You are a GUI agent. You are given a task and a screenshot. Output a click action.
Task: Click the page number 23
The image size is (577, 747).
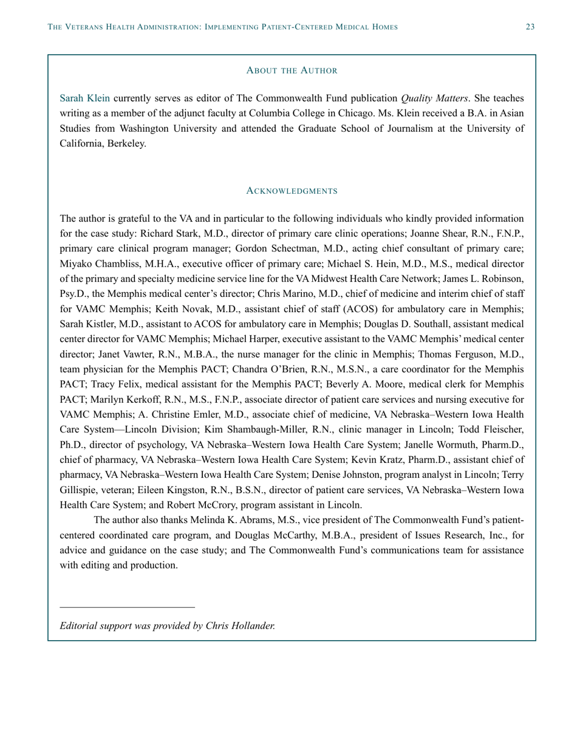tap(530, 27)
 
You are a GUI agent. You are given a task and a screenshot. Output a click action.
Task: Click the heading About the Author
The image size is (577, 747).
tap(292, 70)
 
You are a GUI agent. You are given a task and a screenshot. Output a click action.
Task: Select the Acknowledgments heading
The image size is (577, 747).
tap(292, 191)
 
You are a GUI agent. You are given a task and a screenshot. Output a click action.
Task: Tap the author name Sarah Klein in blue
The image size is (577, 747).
tap(85, 98)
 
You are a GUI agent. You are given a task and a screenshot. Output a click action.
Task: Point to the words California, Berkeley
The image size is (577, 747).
tap(103, 145)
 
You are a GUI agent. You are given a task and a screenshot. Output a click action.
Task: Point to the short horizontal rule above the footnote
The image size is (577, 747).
tap(128, 607)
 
